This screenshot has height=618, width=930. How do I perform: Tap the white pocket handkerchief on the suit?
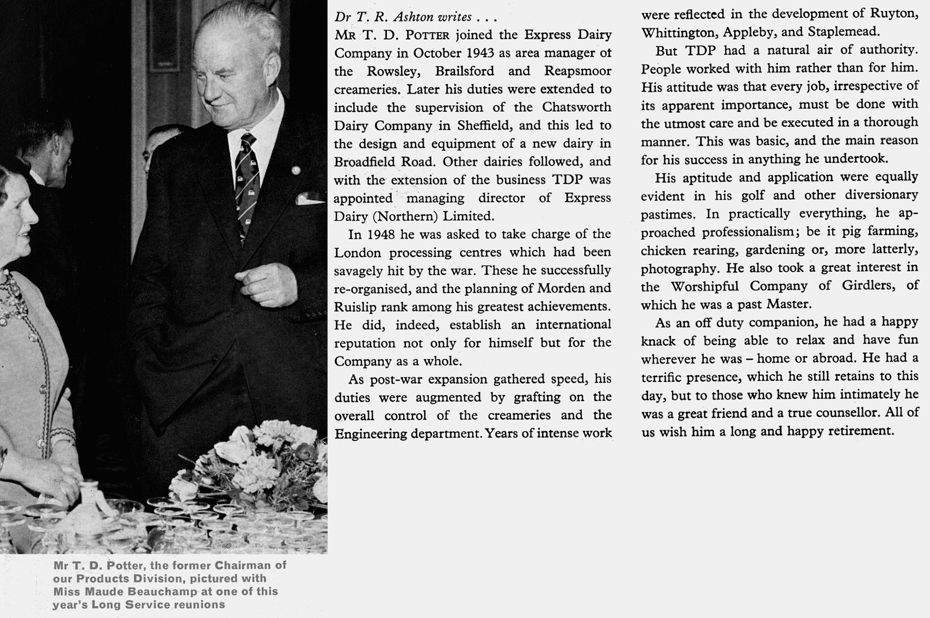click(x=309, y=199)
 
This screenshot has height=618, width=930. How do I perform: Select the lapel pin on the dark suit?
click(x=295, y=170)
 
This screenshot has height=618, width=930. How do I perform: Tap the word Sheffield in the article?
click(x=486, y=125)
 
